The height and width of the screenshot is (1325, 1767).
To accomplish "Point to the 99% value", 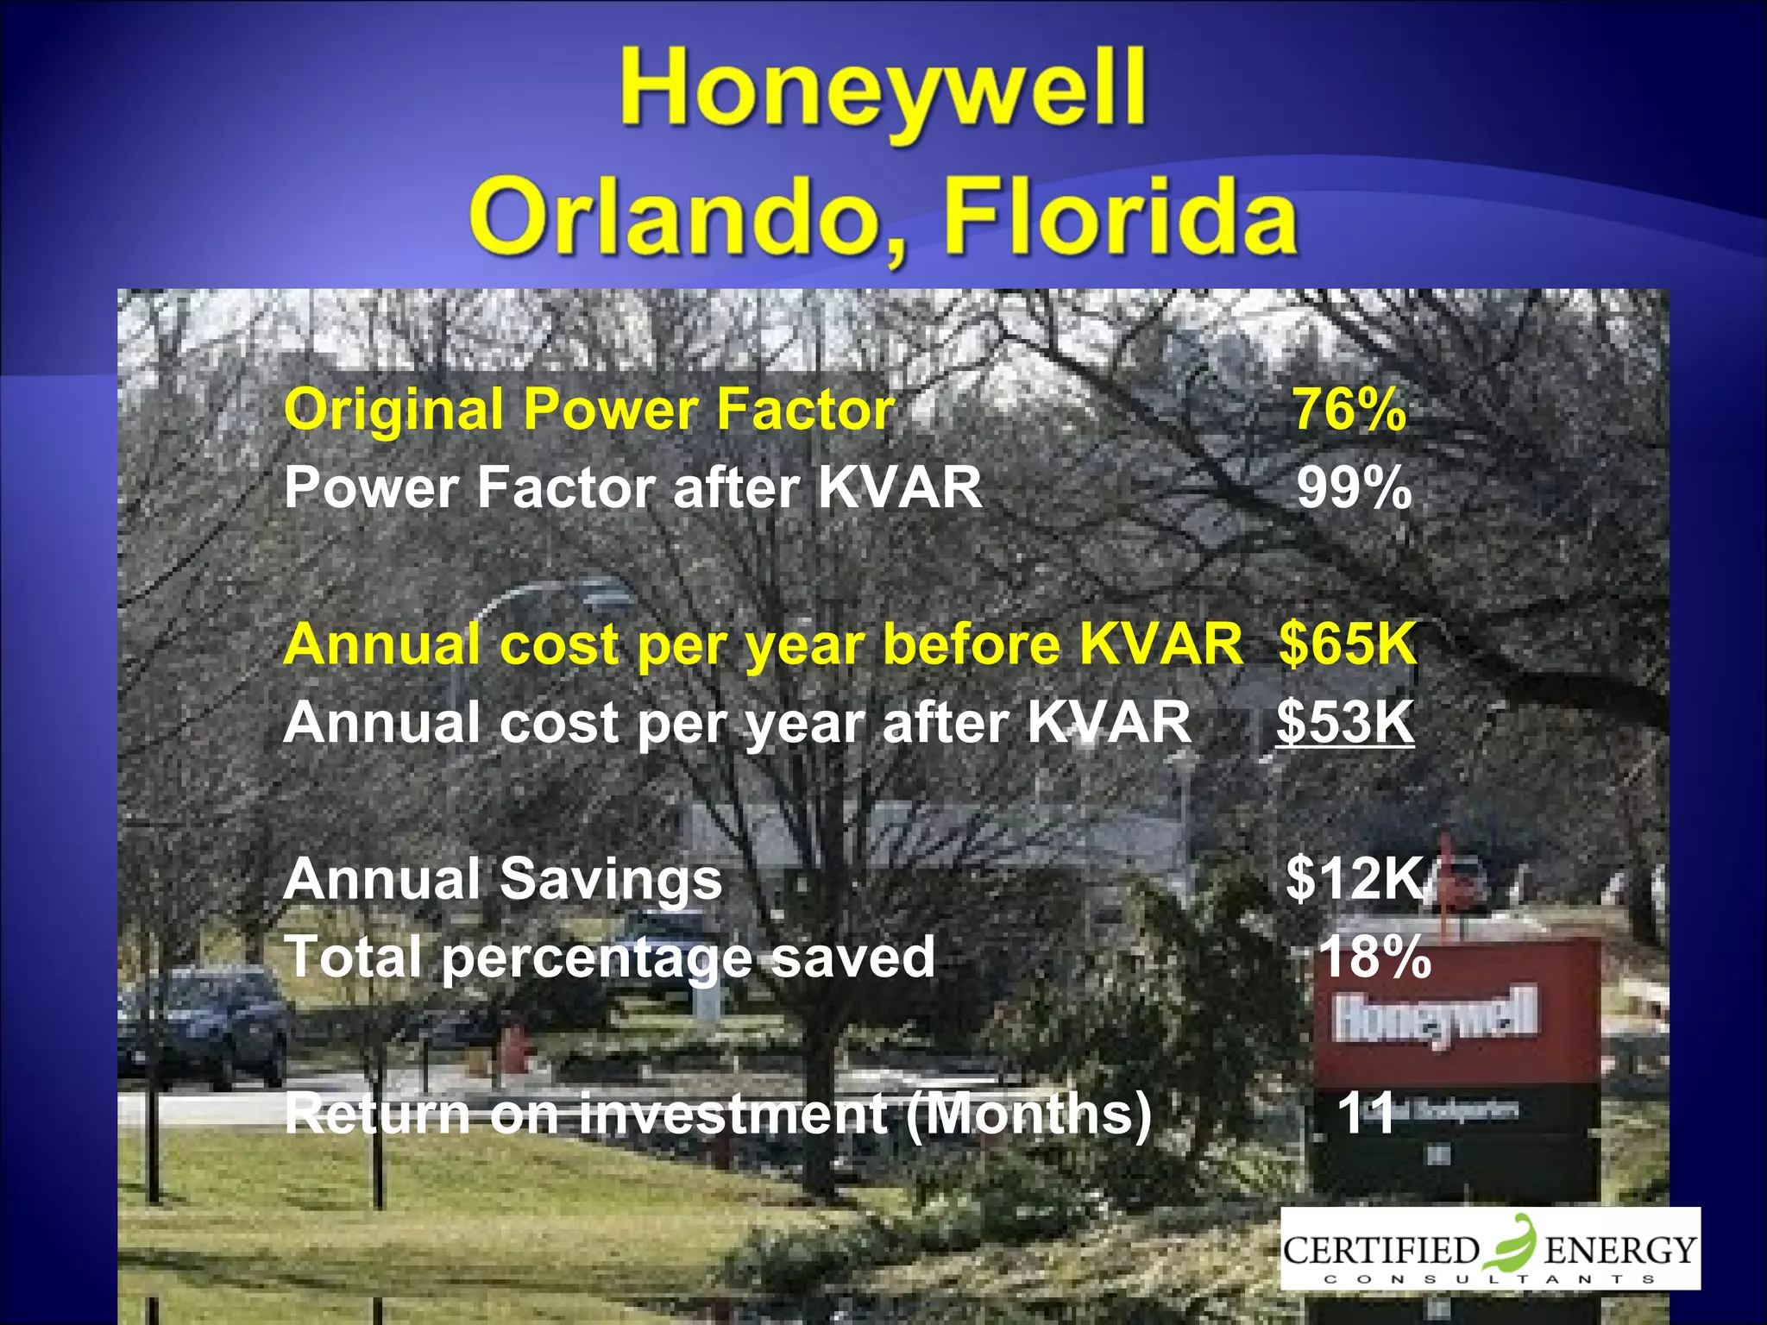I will tap(1354, 488).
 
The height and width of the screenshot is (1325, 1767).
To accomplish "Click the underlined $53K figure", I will tap(1345, 722).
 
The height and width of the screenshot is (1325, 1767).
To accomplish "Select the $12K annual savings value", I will tap(1355, 879).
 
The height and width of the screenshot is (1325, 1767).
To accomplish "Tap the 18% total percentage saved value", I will tap(1374, 957).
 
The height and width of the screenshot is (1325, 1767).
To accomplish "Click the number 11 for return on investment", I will tap(1366, 1113).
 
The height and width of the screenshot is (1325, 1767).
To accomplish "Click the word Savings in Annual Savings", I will tap(611, 881).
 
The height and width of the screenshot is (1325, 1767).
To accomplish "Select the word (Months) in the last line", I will tap(1028, 1114).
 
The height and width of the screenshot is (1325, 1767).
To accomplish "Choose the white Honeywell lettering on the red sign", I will tap(1435, 1018).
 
